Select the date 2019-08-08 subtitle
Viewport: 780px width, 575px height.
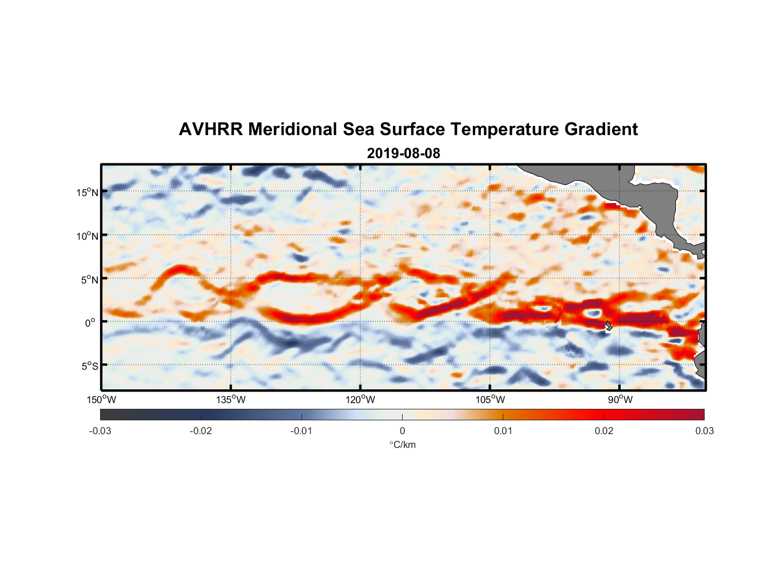(403, 154)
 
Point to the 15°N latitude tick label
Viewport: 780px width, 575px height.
(87, 192)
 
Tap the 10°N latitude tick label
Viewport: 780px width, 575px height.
(87, 236)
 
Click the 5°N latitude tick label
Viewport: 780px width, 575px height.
(89, 279)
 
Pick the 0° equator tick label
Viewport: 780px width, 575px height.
(90, 323)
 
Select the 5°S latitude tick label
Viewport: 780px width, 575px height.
(89, 366)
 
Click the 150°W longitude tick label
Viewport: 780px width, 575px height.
(102, 400)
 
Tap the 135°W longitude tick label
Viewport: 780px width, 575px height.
(231, 400)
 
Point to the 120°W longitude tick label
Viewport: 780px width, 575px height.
(361, 400)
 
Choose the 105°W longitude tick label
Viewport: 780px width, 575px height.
(490, 400)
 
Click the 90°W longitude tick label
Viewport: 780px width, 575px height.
(620, 400)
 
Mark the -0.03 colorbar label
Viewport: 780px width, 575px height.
(100, 431)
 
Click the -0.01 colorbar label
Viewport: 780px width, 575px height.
(301, 431)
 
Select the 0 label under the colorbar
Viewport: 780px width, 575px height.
(402, 431)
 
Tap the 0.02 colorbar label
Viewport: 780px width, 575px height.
(604, 431)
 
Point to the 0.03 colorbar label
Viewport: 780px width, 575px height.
(704, 431)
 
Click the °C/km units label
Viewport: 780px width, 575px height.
(403, 444)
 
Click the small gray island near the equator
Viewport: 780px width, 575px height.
(609, 325)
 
